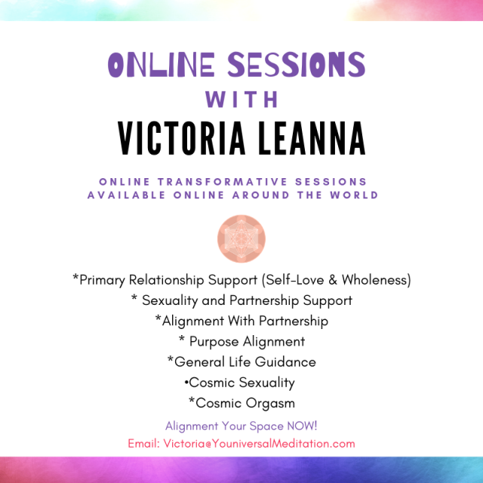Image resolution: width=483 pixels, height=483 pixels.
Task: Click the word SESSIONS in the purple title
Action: coord(297,64)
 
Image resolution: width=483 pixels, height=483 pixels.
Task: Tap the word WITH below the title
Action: coord(241,99)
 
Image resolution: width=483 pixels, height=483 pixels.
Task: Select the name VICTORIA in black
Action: coord(182,138)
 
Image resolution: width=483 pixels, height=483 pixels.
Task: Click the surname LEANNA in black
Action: coord(312,138)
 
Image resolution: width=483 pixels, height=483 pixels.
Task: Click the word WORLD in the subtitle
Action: coord(354,195)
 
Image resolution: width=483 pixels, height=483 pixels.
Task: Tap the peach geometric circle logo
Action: coord(241,238)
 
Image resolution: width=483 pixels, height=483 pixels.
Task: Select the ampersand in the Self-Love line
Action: coord(333,280)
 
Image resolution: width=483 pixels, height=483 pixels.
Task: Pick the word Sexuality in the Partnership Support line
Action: coord(170,300)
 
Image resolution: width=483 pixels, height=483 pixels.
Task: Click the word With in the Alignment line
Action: coord(241,321)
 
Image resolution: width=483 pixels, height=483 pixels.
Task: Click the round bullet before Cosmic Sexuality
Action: coord(186,383)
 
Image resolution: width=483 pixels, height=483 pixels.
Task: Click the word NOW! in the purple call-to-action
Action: coord(302,426)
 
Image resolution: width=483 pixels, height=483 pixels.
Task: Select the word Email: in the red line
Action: coord(144,444)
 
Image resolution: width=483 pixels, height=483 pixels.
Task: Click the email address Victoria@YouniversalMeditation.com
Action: coord(259,444)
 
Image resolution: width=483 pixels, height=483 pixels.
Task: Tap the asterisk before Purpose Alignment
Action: coord(182,339)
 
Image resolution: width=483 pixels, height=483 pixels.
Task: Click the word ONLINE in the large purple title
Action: coord(162,64)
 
